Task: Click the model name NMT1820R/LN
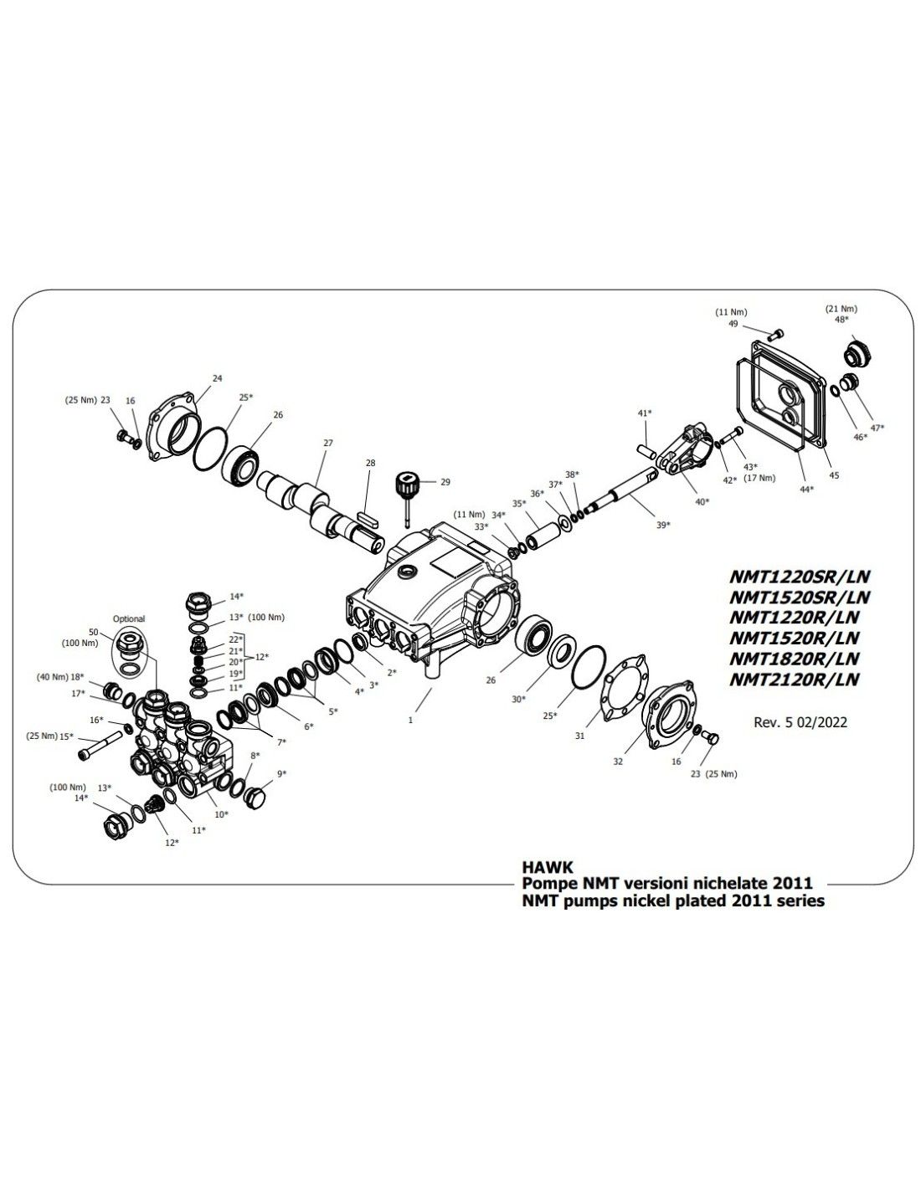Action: click(x=795, y=659)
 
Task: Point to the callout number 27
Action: click(x=328, y=442)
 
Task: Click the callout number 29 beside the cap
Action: click(x=445, y=482)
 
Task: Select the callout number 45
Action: click(x=834, y=475)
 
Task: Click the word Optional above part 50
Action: click(x=128, y=619)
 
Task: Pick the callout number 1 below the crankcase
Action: click(x=411, y=719)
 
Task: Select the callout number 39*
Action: click(x=663, y=525)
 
